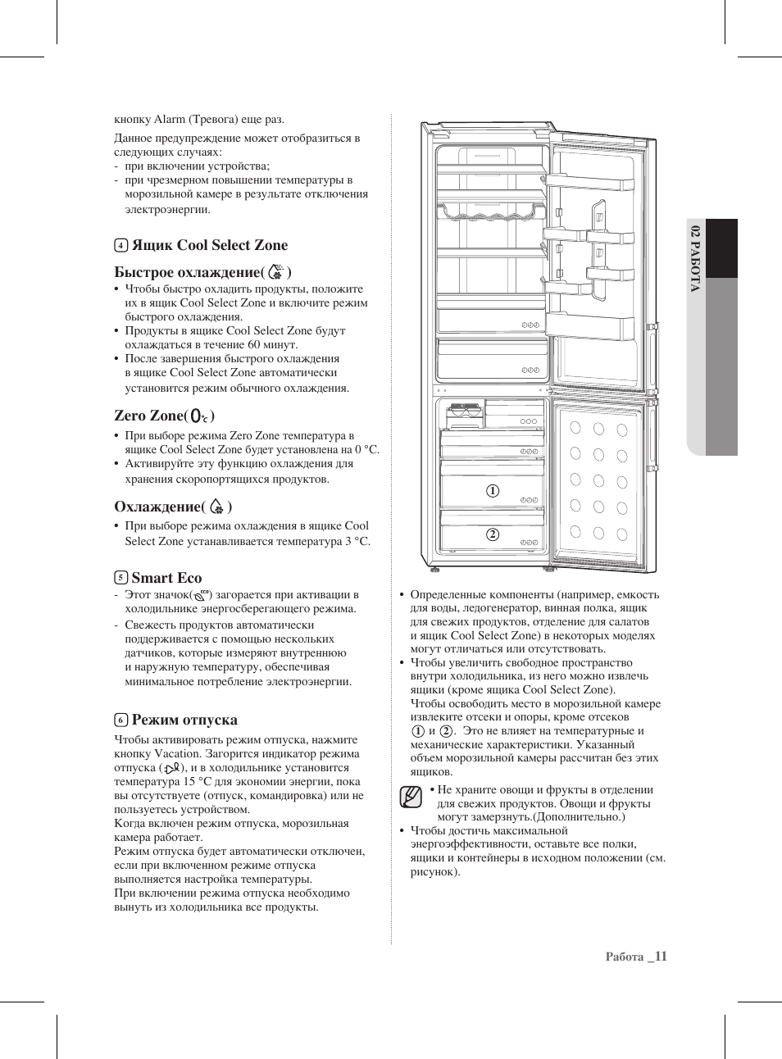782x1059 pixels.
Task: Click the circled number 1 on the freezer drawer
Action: click(x=493, y=491)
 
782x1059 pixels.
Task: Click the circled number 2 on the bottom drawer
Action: click(x=493, y=534)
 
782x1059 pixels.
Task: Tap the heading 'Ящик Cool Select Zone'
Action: click(x=210, y=245)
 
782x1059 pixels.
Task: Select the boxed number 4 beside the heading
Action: click(x=120, y=245)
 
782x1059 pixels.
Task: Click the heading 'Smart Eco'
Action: click(x=166, y=578)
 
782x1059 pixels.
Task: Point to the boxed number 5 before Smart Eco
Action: click(x=120, y=578)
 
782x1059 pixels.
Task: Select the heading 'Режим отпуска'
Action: click(x=184, y=720)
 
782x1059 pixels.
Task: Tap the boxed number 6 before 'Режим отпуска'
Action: click(x=120, y=720)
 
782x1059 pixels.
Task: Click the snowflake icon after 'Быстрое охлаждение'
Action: click(x=276, y=271)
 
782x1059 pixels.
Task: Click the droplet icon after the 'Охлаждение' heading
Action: click(x=216, y=507)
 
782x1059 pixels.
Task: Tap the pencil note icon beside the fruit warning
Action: click(x=411, y=797)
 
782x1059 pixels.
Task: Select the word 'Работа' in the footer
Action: click(x=625, y=957)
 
